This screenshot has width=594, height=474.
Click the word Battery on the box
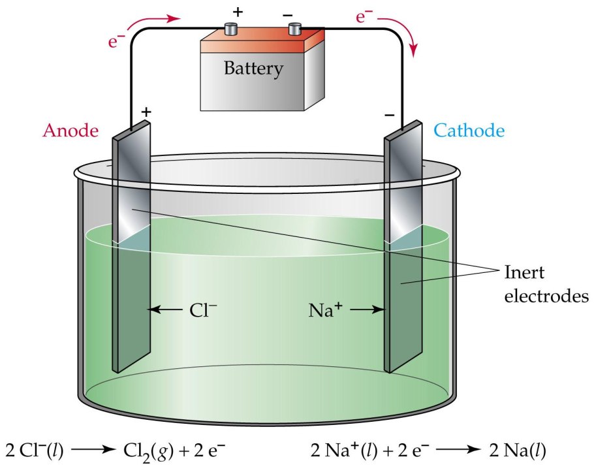tap(253, 67)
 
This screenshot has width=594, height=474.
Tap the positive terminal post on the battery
tap(232, 29)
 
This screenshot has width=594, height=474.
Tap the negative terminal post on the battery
tap(295, 29)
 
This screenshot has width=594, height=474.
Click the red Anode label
tap(70, 130)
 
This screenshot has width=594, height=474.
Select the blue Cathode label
tap(469, 131)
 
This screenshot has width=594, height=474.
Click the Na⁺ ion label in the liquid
tap(326, 309)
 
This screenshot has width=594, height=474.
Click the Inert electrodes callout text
tap(548, 283)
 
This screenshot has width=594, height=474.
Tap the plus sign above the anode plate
tap(146, 112)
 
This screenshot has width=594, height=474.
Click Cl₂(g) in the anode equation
tap(146, 451)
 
